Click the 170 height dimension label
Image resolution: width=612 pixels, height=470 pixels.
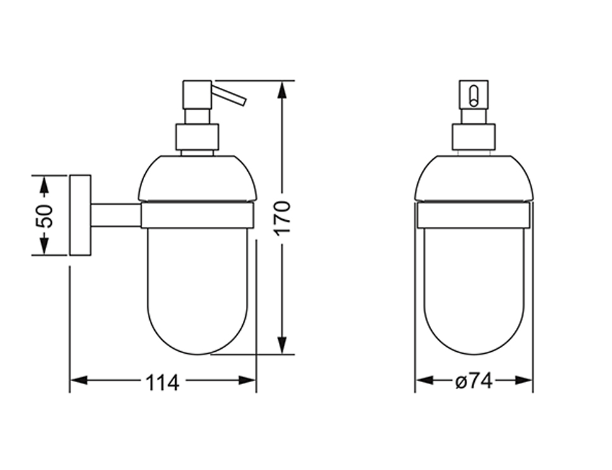tap(282, 217)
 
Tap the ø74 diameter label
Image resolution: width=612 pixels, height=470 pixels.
tap(474, 381)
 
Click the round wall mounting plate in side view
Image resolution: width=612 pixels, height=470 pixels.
tap(80, 215)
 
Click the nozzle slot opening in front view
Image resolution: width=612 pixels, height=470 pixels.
tap(474, 95)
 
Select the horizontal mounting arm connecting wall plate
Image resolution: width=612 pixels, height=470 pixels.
tap(116, 215)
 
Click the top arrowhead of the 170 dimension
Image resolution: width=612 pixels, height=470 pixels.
tap(282, 90)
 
